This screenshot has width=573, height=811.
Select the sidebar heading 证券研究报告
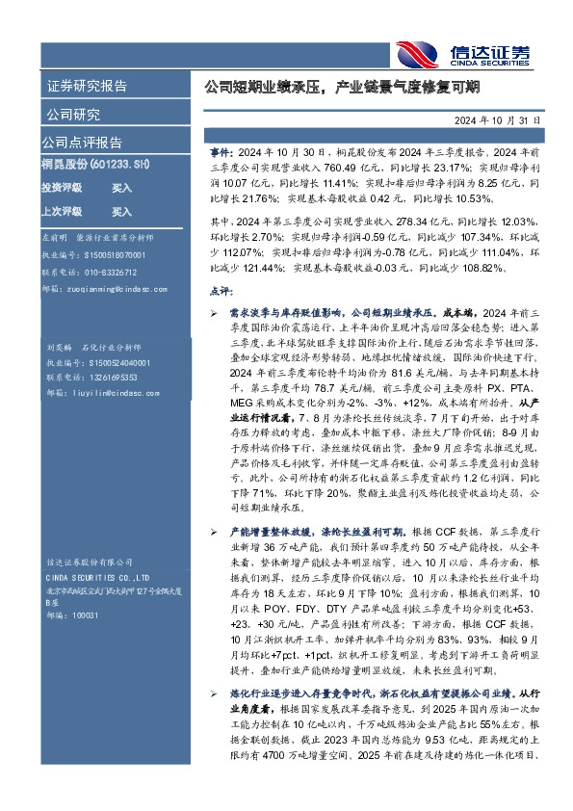coord(87,86)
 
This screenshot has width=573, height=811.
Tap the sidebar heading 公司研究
coord(73,115)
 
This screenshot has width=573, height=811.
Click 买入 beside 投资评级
coord(121,189)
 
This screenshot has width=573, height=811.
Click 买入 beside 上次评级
coord(121,211)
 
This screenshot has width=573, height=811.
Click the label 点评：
coord(221,290)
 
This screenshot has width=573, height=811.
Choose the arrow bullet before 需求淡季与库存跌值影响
coord(214,314)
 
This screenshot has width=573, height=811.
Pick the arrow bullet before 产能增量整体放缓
coord(214,533)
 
